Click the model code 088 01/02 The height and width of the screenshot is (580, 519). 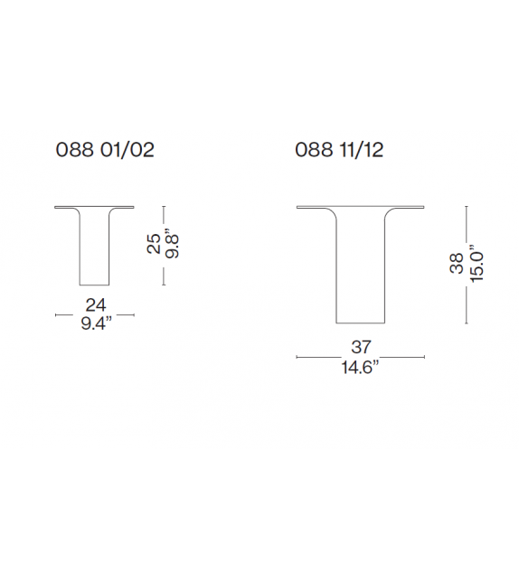coord(106,150)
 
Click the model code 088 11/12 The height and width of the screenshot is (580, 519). coord(339,150)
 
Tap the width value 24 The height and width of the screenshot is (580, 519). coord(95,305)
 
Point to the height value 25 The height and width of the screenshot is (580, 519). coord(155,245)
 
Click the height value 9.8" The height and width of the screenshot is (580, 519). coord(173,245)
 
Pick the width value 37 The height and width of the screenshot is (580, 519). coord(362,347)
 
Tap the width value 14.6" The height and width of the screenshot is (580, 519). coord(362,366)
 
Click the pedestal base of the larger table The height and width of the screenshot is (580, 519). coord(362,271)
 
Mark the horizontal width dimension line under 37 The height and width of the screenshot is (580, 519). coord(362,357)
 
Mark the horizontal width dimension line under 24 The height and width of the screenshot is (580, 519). coord(95,315)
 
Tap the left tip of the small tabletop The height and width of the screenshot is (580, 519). coord(56,205)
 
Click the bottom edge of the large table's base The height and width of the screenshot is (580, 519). coord(362,323)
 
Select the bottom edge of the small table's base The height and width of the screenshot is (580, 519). coord(95,284)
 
